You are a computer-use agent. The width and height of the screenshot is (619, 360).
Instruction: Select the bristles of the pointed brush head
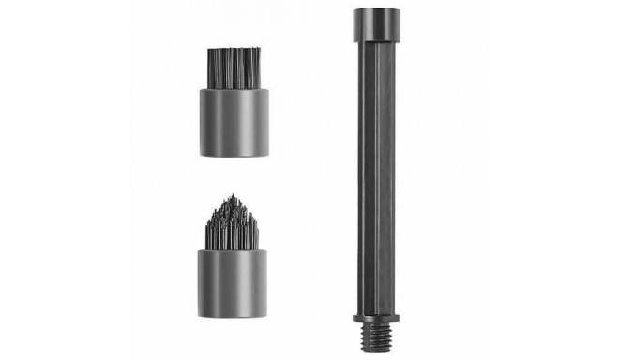click(x=234, y=226)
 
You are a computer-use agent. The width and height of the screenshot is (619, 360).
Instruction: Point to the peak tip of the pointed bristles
click(x=234, y=194)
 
